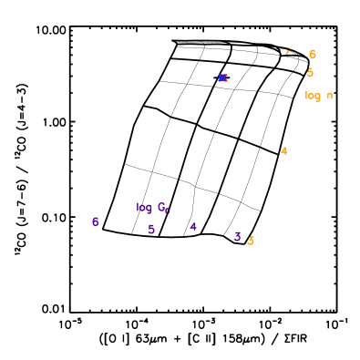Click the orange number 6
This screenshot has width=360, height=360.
(x=313, y=55)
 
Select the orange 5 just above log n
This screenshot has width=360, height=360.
(x=310, y=73)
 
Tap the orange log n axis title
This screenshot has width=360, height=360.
(x=318, y=96)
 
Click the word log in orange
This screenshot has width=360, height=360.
(x=313, y=96)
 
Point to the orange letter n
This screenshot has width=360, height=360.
(x=329, y=96)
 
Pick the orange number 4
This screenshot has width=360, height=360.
(x=284, y=151)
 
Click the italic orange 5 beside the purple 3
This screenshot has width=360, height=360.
(x=251, y=241)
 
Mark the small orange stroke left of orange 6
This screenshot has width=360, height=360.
(x=288, y=51)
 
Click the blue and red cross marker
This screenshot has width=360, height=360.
(x=222, y=77)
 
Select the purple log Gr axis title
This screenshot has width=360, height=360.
(x=153, y=208)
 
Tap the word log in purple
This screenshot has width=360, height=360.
(x=144, y=208)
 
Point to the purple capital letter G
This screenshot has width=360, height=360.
(x=160, y=207)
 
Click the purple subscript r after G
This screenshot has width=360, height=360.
(x=168, y=211)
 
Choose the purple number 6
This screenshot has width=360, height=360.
(x=95, y=222)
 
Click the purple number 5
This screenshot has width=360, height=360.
(x=151, y=230)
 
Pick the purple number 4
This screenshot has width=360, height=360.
(x=193, y=227)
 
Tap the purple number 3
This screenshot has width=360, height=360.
(x=237, y=237)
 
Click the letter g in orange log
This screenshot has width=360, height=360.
(x=318, y=97)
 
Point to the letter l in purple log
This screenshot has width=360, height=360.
(x=138, y=208)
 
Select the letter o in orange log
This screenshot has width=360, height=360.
(x=313, y=96)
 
